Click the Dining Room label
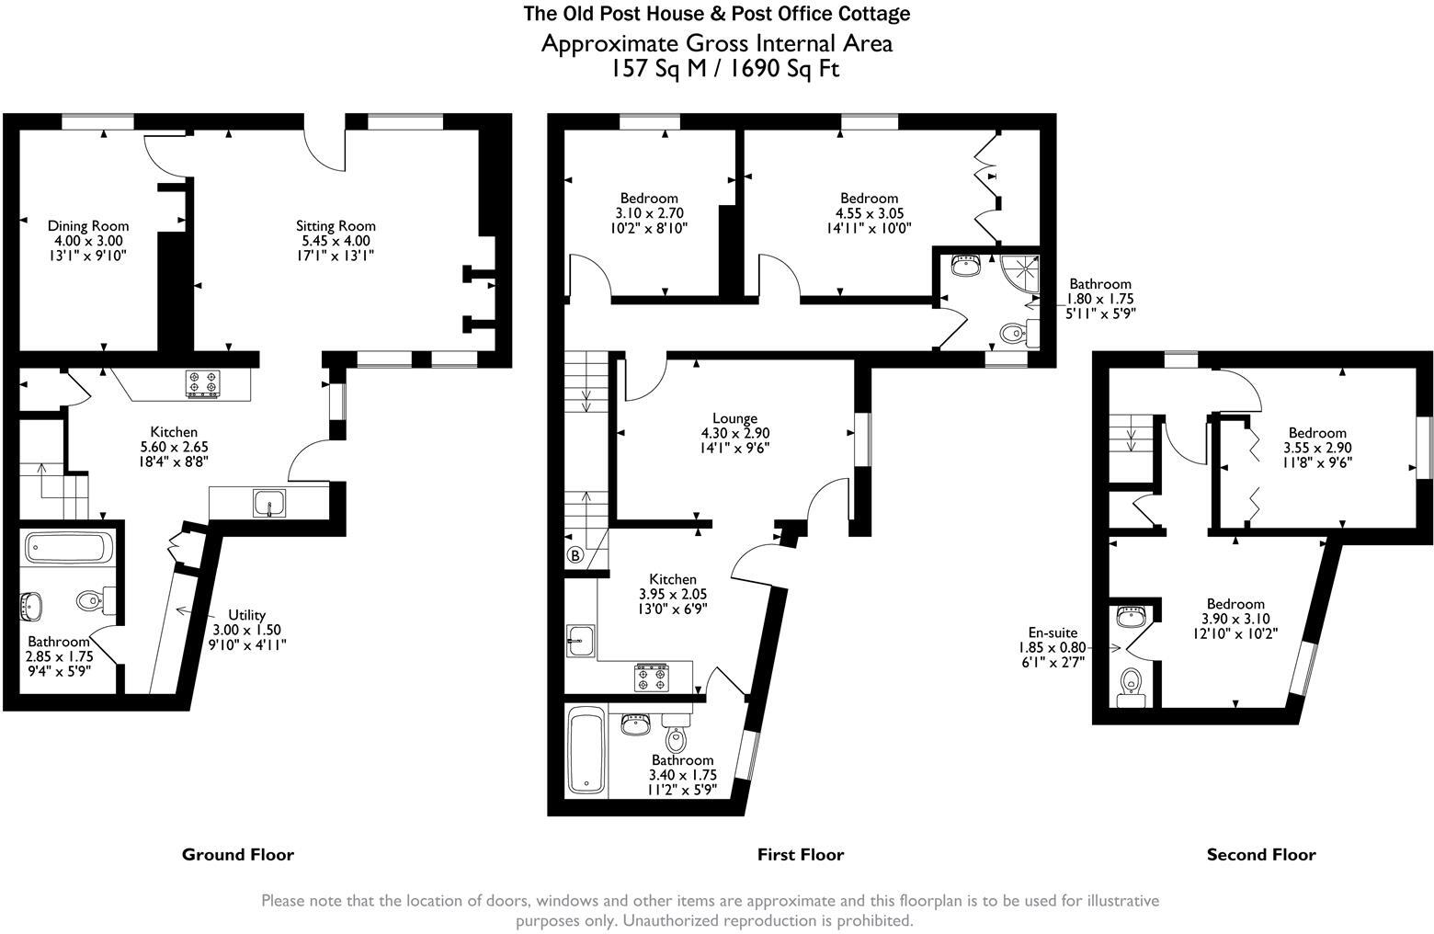coord(88,225)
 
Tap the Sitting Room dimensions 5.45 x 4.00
coord(336,241)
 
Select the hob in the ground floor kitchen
coord(203,382)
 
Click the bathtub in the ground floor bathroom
coord(68,548)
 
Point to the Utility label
coord(246,615)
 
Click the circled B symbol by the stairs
coord(575,555)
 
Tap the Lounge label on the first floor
coord(734,418)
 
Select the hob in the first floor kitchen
coord(650,678)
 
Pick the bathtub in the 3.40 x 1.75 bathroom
coord(586,751)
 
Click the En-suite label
coord(1052,632)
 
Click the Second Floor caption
coord(1260,855)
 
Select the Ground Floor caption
coord(238,855)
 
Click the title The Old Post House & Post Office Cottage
coord(716,14)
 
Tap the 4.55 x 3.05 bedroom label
coord(869,198)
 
